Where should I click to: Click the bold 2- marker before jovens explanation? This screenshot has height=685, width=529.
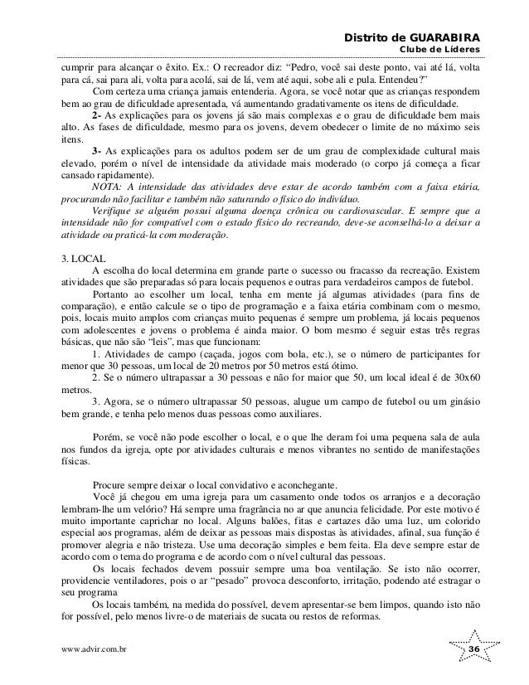point(98,115)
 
